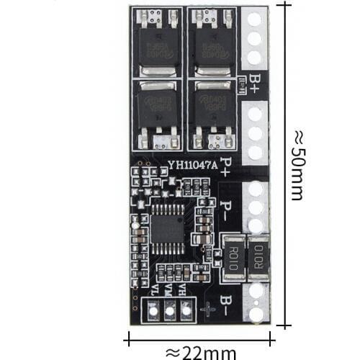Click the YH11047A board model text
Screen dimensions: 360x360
(192, 164)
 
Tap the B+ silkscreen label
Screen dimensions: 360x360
(255, 80)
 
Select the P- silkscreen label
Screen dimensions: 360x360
(226, 211)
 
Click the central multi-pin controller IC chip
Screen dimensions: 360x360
(168, 228)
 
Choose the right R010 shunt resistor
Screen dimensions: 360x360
(257, 256)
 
